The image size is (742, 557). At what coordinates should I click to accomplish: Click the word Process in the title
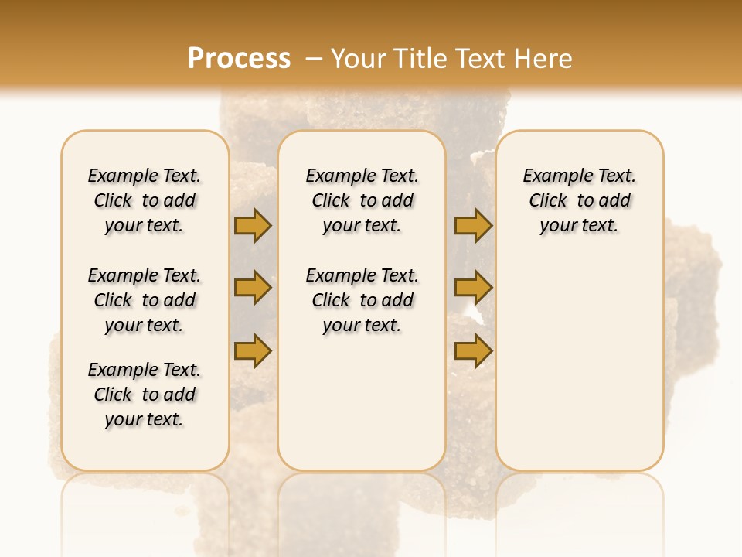239,59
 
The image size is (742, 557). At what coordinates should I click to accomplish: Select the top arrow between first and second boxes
253,226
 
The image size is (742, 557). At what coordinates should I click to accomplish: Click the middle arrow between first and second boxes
253,288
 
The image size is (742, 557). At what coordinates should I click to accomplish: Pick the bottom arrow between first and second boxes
253,350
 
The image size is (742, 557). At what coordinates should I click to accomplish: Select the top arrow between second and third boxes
473,226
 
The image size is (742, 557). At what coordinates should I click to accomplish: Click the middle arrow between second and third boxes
473,288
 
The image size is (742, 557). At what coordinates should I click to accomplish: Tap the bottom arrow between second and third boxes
473,350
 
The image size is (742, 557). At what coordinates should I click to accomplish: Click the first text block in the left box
145,200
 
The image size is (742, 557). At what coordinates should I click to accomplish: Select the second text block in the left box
145,300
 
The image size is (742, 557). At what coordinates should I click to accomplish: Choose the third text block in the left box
145,395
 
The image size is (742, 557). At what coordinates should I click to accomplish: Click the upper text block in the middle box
362,200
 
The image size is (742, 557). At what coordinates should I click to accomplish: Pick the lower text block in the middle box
362,300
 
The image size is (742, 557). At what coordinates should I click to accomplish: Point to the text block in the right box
580,200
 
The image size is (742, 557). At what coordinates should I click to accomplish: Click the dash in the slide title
313,59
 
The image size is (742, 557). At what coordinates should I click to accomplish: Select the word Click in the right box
548,201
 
